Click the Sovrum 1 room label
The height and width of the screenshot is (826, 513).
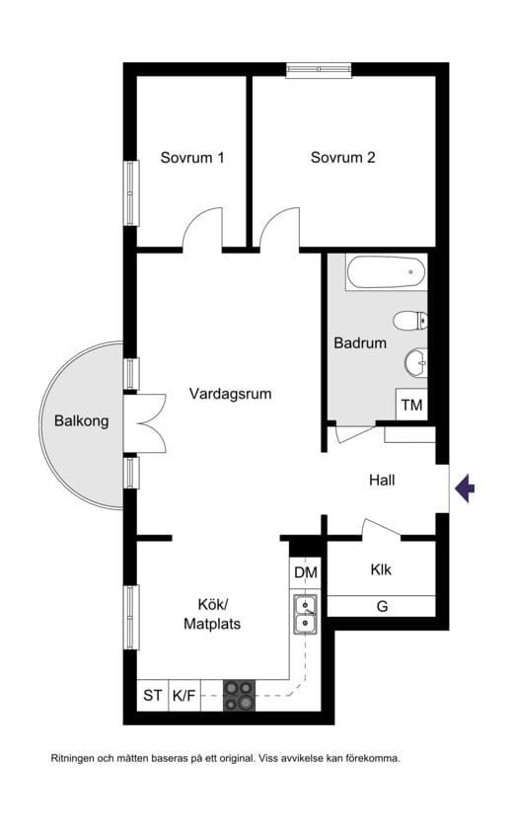(192, 157)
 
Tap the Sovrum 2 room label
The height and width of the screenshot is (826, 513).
(342, 157)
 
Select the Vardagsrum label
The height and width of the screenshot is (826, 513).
(230, 394)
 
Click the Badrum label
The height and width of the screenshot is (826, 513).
(360, 343)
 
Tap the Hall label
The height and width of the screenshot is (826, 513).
(382, 481)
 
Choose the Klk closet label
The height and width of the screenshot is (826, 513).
(382, 570)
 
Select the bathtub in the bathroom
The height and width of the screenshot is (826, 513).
(386, 272)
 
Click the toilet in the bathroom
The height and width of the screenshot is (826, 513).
(410, 320)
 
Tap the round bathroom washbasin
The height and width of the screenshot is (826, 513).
(415, 363)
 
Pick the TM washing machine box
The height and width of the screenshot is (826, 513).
(411, 406)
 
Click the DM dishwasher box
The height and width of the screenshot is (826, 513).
(306, 572)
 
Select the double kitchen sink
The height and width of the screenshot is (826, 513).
(306, 614)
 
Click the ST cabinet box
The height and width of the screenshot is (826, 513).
(153, 696)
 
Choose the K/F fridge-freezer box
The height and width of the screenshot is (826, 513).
(184, 696)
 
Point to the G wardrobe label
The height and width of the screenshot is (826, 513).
(382, 606)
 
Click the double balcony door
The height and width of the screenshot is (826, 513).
(144, 423)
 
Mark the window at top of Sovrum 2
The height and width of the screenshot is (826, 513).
(319, 69)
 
